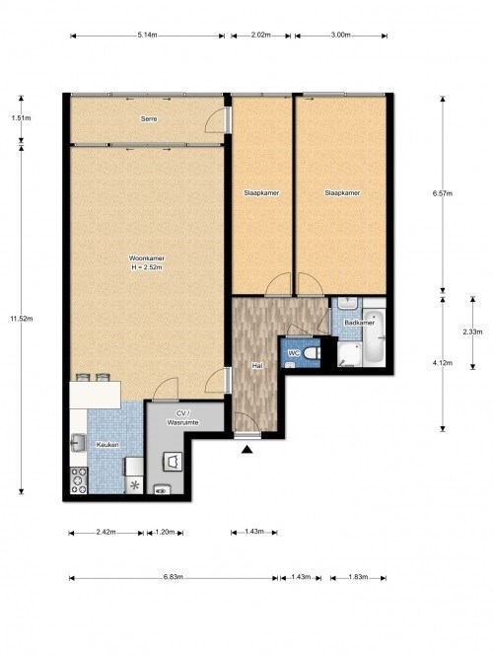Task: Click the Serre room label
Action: pos(149,119)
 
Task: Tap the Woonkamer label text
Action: pos(147,258)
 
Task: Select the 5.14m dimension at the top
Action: pos(147,36)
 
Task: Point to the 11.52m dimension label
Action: pos(22,319)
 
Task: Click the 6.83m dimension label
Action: pos(174,577)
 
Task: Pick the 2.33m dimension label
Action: pos(472,331)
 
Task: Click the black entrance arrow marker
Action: pos(247,450)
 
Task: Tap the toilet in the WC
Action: pos(311,353)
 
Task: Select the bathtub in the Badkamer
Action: pos(374,335)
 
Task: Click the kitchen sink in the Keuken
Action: pos(78,443)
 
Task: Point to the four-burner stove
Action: pos(79,480)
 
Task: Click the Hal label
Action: pos(257,366)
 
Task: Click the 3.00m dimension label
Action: pos(341,36)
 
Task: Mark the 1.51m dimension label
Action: pos(22,118)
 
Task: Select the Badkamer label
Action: pos(359,323)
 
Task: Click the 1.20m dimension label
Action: pos(165,532)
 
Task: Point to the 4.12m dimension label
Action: pos(443,363)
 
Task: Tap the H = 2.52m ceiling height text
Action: pos(147,267)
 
